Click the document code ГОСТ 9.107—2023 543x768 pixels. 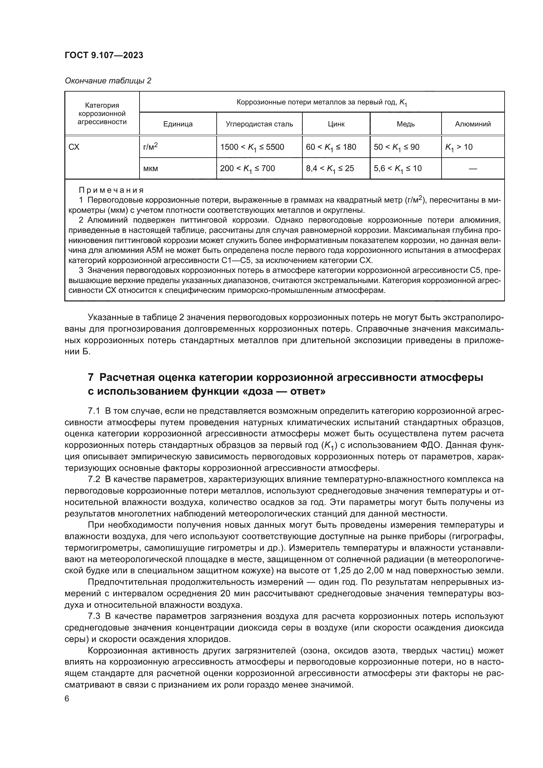coord(104,55)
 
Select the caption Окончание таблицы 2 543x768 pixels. coord(108,81)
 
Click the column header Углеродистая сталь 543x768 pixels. coord(259,124)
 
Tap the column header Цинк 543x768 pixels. coord(336,124)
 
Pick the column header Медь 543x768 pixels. coord(405,124)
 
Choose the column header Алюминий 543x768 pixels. coord(473,124)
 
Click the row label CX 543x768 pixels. coord(74,147)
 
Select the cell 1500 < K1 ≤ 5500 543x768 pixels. coord(252,147)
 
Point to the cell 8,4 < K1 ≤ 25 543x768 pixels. coord(330,168)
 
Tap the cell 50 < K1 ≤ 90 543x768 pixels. coord(397,147)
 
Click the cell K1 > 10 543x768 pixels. coord(459,147)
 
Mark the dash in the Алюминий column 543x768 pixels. coord(473,168)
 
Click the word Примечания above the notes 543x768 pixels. coord(111,190)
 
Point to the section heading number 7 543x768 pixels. coord(91,378)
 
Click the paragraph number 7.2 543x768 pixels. coord(94,479)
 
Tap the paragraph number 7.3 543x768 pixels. coord(94,616)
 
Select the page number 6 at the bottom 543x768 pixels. coord(67,699)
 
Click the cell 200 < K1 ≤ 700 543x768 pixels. coord(248,168)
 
